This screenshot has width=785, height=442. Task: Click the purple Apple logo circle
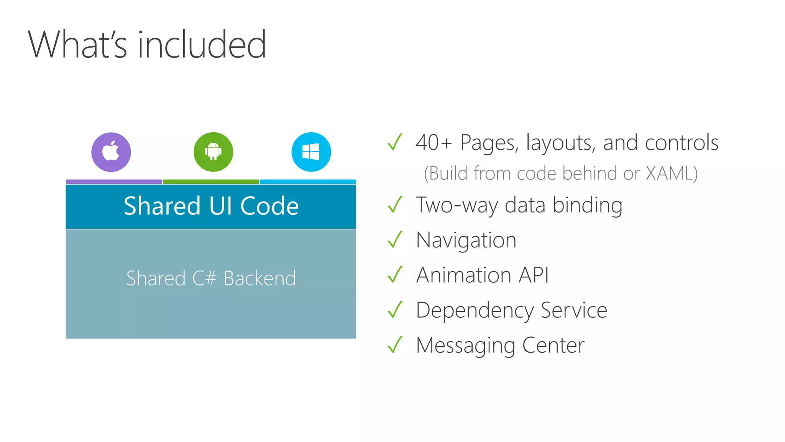(x=111, y=152)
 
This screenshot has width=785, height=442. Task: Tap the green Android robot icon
(x=213, y=152)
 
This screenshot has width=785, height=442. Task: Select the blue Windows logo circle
(x=311, y=152)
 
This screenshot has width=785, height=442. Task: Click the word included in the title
(x=202, y=45)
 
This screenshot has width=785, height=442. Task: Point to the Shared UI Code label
(x=211, y=206)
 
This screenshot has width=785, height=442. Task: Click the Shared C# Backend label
(x=211, y=278)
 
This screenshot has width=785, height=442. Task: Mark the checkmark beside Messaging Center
(x=395, y=345)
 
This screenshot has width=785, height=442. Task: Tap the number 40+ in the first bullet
(x=434, y=143)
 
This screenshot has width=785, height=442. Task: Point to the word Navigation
(x=466, y=241)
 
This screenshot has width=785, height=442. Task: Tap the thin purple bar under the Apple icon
(x=114, y=181)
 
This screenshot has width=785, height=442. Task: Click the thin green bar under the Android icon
(x=211, y=181)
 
